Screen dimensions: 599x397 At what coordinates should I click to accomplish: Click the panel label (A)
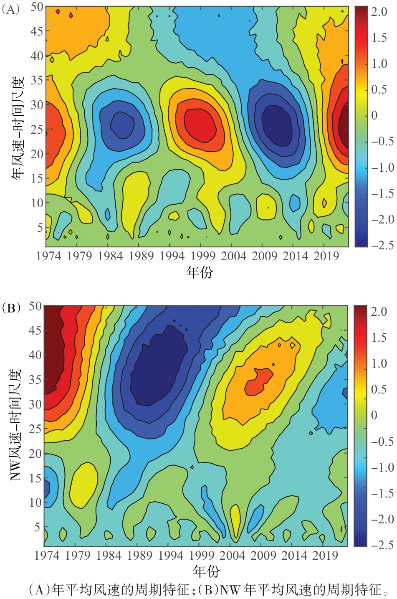(11, 10)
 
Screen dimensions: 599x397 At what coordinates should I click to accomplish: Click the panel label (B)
(11, 309)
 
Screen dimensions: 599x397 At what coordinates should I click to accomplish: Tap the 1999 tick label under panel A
(202, 256)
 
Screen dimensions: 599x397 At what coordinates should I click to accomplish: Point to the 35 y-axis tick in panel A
(37, 80)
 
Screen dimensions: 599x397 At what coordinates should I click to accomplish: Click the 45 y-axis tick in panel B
(35, 330)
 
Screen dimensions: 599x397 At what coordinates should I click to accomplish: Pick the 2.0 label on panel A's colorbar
(379, 12)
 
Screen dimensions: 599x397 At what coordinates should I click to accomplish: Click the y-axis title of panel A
(18, 128)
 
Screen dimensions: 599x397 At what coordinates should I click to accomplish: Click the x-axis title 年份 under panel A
(199, 272)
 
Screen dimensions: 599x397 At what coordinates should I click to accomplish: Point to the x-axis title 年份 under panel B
(206, 571)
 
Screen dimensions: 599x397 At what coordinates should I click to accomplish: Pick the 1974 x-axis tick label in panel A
(48, 256)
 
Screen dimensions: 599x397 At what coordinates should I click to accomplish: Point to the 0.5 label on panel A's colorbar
(379, 90)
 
